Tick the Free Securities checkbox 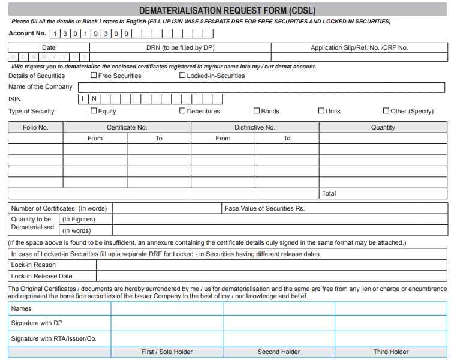pyautogui.click(x=94, y=76)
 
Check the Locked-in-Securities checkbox pyautogui.click(x=182, y=76)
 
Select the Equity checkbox pyautogui.click(x=94, y=111)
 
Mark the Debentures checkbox pyautogui.click(x=182, y=111)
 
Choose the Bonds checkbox pyautogui.click(x=257, y=111)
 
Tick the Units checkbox pyautogui.click(x=321, y=111)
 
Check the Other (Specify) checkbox pyautogui.click(x=386, y=111)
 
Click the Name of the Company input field pyautogui.click(x=261, y=87)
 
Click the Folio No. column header pyautogui.click(x=35, y=127)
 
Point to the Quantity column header pyautogui.click(x=383, y=127)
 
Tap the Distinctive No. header pyautogui.click(x=254, y=127)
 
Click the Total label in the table pyautogui.click(x=329, y=194)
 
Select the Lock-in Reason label pyautogui.click(x=33, y=265)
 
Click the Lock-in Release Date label pyautogui.click(x=41, y=277)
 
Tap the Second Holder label pyautogui.click(x=279, y=352)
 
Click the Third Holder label pyautogui.click(x=390, y=352)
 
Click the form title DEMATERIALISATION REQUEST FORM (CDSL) pyautogui.click(x=227, y=11)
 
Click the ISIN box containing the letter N pyautogui.click(x=94, y=99)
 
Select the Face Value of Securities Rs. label pyautogui.click(x=264, y=208)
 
